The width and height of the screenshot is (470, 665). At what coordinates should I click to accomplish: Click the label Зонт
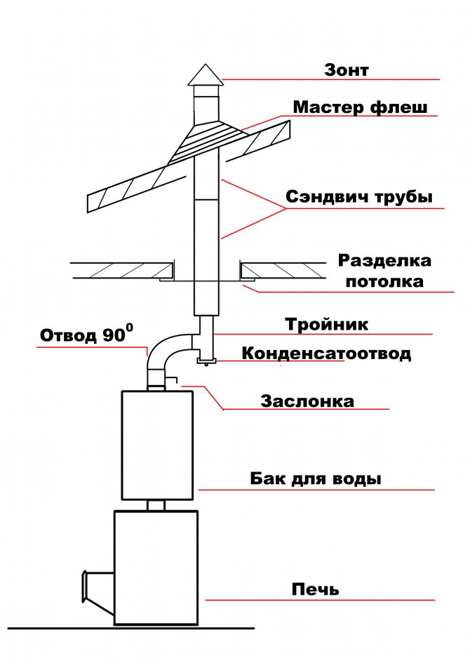click(x=346, y=70)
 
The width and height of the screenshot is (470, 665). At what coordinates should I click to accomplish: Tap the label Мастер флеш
click(x=360, y=108)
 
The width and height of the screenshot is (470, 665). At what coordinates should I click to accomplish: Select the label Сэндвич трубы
click(x=358, y=197)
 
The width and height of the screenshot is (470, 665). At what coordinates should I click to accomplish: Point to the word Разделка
click(x=384, y=261)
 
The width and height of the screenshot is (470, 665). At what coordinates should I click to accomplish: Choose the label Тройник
click(x=326, y=325)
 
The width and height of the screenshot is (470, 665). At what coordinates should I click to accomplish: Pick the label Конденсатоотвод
click(x=326, y=353)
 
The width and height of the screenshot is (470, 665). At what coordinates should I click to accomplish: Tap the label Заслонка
click(x=307, y=402)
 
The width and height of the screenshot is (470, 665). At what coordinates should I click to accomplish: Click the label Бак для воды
click(x=316, y=480)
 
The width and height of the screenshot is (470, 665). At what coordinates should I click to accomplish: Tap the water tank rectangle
click(x=156, y=444)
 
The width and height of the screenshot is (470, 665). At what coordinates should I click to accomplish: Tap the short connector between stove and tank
click(x=156, y=505)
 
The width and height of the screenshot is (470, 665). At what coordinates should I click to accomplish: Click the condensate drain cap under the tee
click(x=206, y=361)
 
